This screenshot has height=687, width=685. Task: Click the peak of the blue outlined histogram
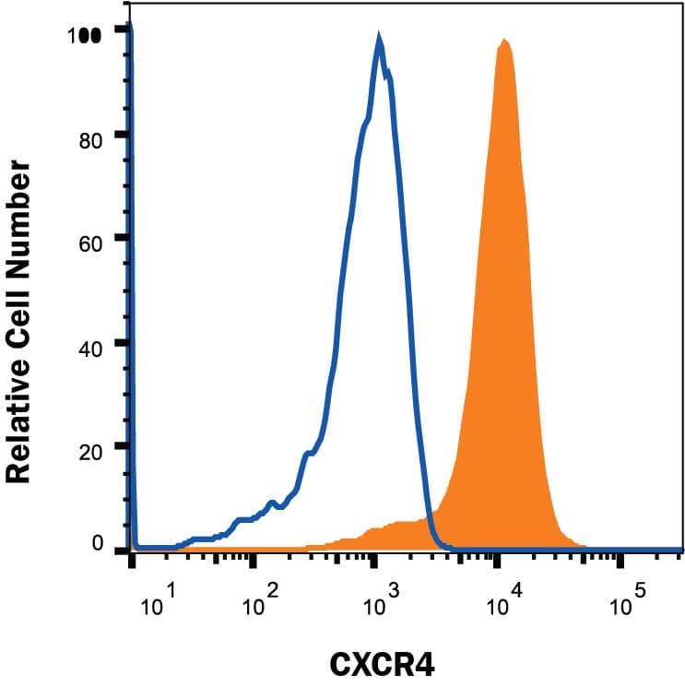pos(379,37)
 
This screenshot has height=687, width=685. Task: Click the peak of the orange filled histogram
pos(503,40)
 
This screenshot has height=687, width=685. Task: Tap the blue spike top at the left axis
pos(130,25)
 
